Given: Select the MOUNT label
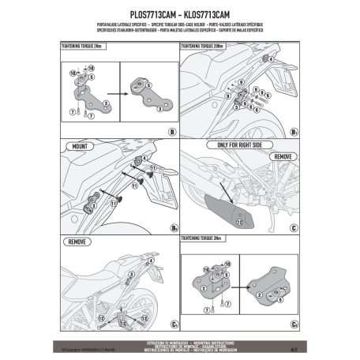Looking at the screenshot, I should [x=79, y=147].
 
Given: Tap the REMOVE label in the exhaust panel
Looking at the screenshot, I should [x=283, y=157].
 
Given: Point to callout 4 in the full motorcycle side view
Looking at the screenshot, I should [x=272, y=59].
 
